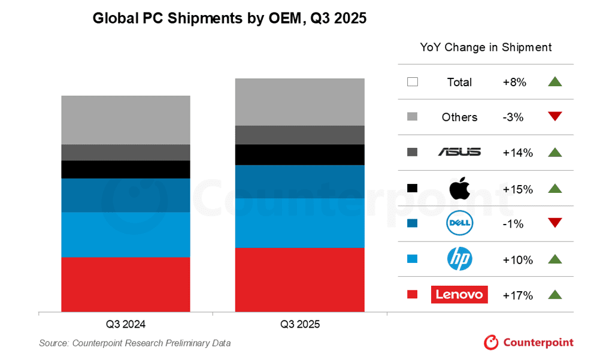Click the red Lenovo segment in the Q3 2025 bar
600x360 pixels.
[x=299, y=279]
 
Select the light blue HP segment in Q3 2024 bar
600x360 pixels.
[x=126, y=234]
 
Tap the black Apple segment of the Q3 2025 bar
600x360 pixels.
[x=299, y=155]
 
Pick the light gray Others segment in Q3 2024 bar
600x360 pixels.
[x=126, y=120]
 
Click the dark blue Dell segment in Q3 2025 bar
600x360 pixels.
[x=299, y=181]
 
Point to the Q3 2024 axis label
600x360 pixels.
[x=126, y=325]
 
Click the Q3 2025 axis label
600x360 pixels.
[x=300, y=325]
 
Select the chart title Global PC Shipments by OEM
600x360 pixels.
[x=229, y=19]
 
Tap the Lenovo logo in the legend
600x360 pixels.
[x=459, y=295]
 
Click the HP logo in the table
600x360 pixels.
[x=459, y=259]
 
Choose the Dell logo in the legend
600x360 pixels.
[x=459, y=224]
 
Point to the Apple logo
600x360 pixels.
[x=459, y=188]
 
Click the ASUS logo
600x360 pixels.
[x=459, y=152]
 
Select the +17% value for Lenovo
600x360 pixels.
[x=517, y=295]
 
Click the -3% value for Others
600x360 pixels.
[x=513, y=117]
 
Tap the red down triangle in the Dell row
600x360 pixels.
[x=554, y=223]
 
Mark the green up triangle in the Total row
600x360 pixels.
[x=554, y=82]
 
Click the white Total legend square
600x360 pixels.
[x=412, y=82]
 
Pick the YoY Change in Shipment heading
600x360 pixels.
[x=486, y=47]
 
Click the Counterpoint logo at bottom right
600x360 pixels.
[x=529, y=343]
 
